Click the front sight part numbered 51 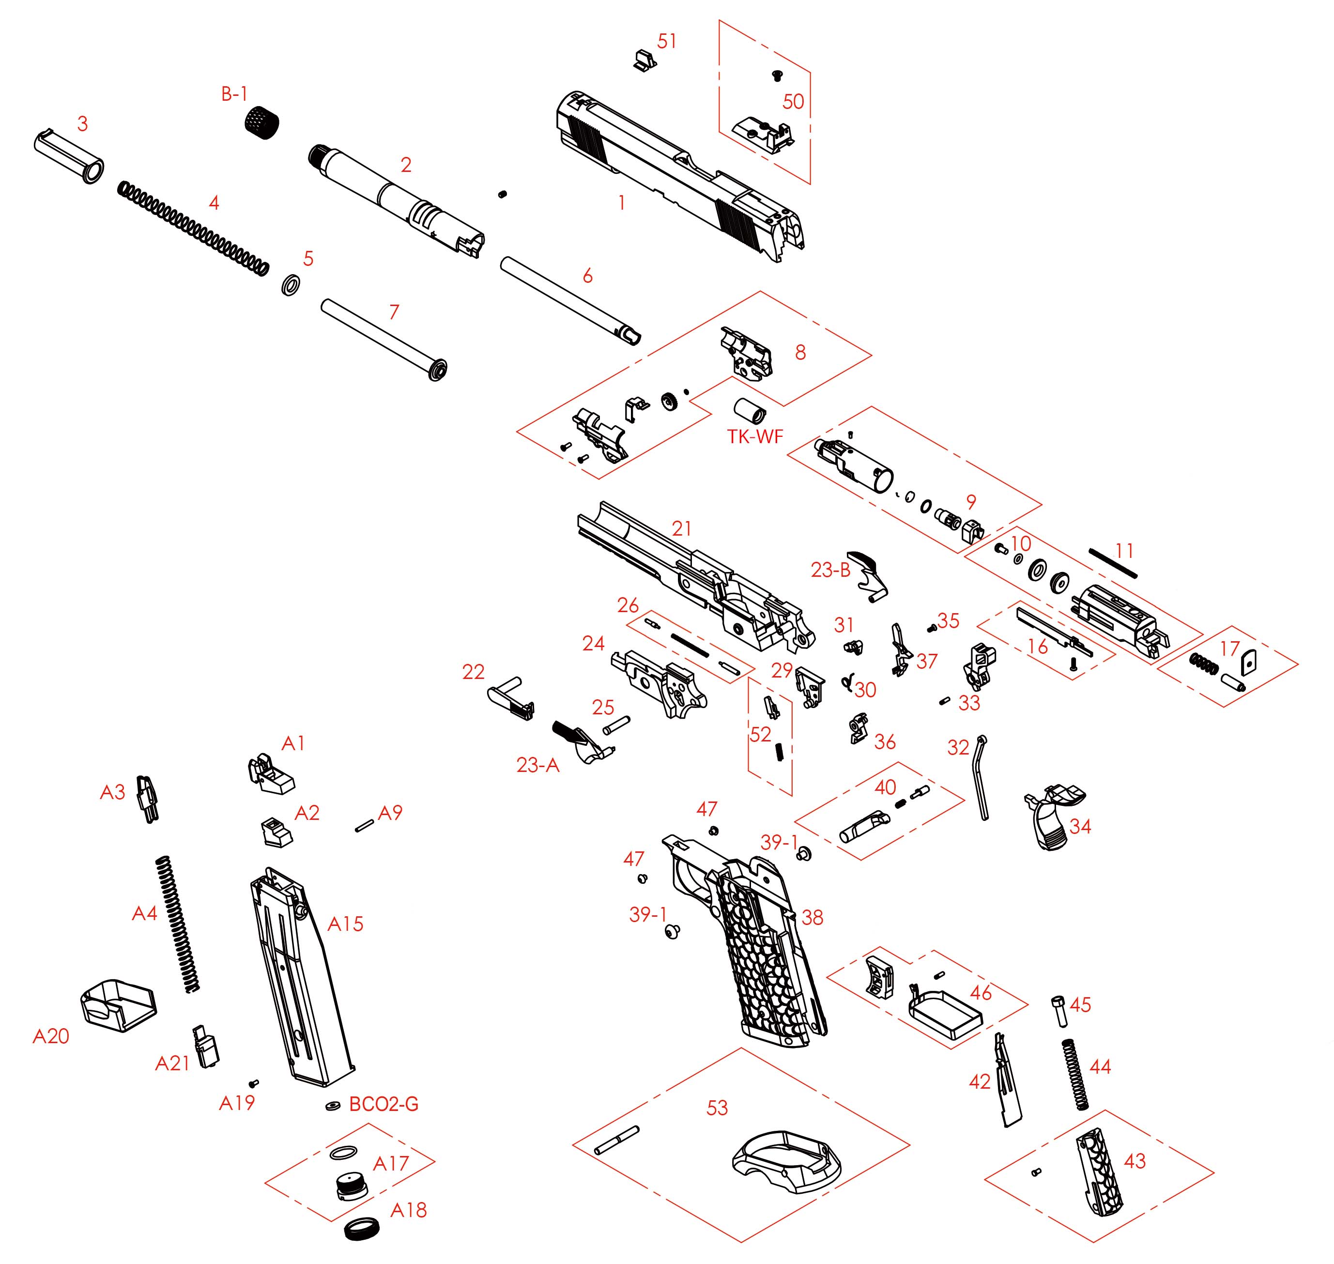[x=644, y=59]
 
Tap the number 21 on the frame [x=682, y=528]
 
